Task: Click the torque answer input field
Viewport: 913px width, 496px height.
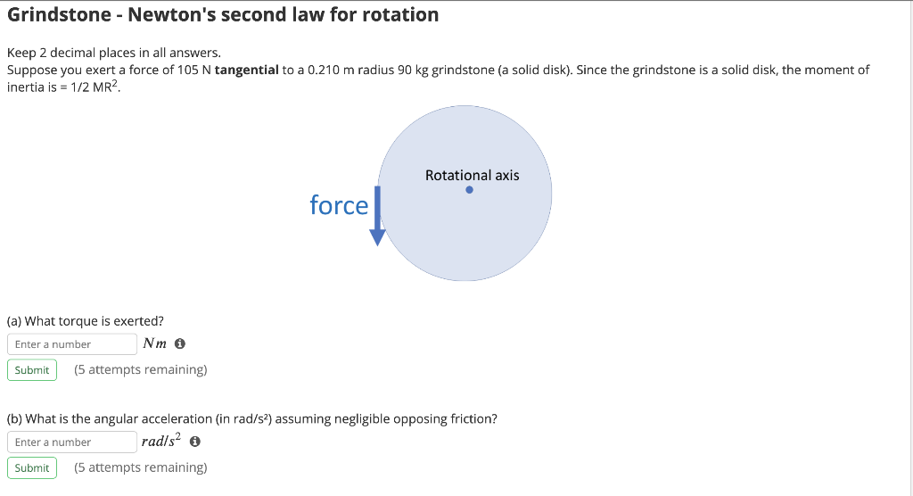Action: pyautogui.click(x=72, y=344)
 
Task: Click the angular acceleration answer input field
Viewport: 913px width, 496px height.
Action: pyautogui.click(x=72, y=442)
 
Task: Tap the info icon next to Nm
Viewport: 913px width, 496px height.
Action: pyautogui.click(x=180, y=344)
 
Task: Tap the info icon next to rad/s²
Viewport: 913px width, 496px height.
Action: pyautogui.click(x=194, y=442)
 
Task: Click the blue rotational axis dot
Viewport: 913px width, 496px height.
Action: pyautogui.click(x=469, y=189)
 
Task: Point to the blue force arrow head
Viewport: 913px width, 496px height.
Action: pyautogui.click(x=378, y=236)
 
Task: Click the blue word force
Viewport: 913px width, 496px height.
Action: pyautogui.click(x=339, y=206)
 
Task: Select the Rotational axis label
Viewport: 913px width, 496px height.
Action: pyautogui.click(x=472, y=175)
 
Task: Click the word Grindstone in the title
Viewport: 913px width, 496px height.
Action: pyautogui.click(x=57, y=15)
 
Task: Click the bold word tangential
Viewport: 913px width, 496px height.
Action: pyautogui.click(x=247, y=70)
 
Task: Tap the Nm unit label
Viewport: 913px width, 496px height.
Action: pyautogui.click(x=154, y=344)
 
